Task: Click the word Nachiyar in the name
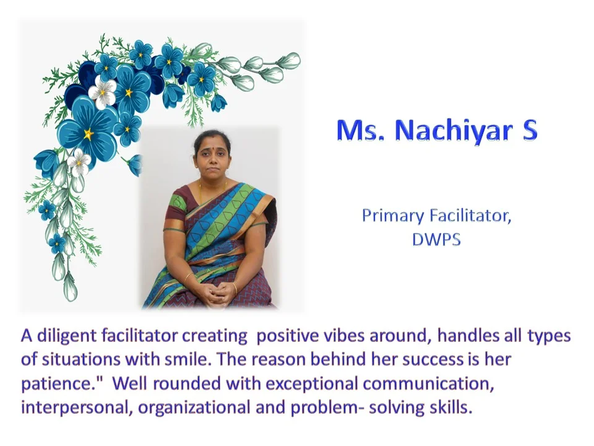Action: [x=454, y=130]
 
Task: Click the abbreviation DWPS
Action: [x=436, y=239]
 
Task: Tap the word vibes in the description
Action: [x=345, y=336]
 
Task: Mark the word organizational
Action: [x=194, y=408]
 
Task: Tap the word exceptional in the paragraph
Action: [x=312, y=384]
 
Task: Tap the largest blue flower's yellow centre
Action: [x=88, y=133]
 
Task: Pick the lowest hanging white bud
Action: [x=71, y=287]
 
